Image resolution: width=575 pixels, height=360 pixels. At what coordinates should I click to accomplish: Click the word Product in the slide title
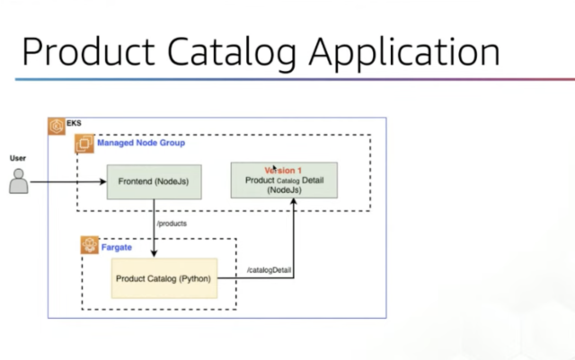point(88,52)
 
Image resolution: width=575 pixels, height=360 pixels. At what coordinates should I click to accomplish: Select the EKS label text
point(74,123)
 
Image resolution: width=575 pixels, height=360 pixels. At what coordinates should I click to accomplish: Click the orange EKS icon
point(57,126)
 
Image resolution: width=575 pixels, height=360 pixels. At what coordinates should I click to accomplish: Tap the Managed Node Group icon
point(84,144)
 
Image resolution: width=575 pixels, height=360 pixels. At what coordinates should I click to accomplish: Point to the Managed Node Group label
point(141,143)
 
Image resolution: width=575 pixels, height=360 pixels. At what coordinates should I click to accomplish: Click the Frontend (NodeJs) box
point(154,182)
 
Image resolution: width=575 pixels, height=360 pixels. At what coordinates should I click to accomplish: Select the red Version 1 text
point(283,171)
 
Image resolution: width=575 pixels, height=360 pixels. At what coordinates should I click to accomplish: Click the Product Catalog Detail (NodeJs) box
point(284,180)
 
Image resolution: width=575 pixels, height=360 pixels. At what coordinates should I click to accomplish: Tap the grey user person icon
point(18,181)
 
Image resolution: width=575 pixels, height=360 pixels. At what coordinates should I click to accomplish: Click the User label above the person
point(18,158)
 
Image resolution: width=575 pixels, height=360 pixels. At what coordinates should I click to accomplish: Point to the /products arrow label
point(172,224)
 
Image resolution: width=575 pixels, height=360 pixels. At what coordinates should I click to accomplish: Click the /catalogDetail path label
point(270,270)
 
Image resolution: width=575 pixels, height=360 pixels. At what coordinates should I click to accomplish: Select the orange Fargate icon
point(90,245)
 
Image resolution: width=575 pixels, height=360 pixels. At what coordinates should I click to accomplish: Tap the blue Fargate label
point(117,248)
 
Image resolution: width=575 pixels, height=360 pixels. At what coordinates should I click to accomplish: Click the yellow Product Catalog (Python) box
point(164,278)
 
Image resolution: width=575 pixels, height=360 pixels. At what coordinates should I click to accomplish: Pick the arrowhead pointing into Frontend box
point(103,182)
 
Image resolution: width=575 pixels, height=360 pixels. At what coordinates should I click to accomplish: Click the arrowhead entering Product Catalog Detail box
point(294,202)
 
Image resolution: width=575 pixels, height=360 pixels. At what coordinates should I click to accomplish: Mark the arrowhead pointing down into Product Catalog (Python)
point(154,253)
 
